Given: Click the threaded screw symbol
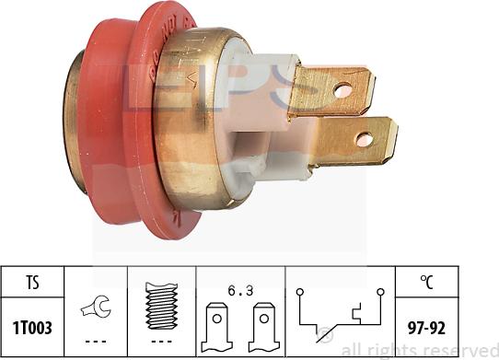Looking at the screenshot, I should click(x=161, y=302).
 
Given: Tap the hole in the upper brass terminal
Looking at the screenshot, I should click(x=343, y=91).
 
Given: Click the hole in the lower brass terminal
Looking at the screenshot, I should click(x=366, y=140).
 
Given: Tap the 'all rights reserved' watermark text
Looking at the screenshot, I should click(x=419, y=350).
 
